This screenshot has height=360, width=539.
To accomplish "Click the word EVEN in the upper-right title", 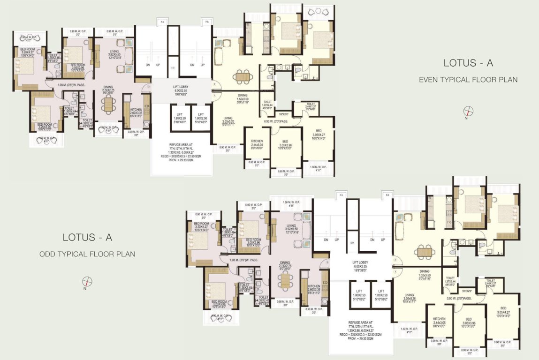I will pyautogui.click(x=430, y=80).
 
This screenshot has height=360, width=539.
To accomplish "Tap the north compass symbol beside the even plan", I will pyautogui.click(x=468, y=112).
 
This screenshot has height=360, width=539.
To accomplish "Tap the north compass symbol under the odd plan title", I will pyautogui.click(x=87, y=282).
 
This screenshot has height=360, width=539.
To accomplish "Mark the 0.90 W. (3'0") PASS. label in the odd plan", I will pyautogui.click(x=461, y=299).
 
